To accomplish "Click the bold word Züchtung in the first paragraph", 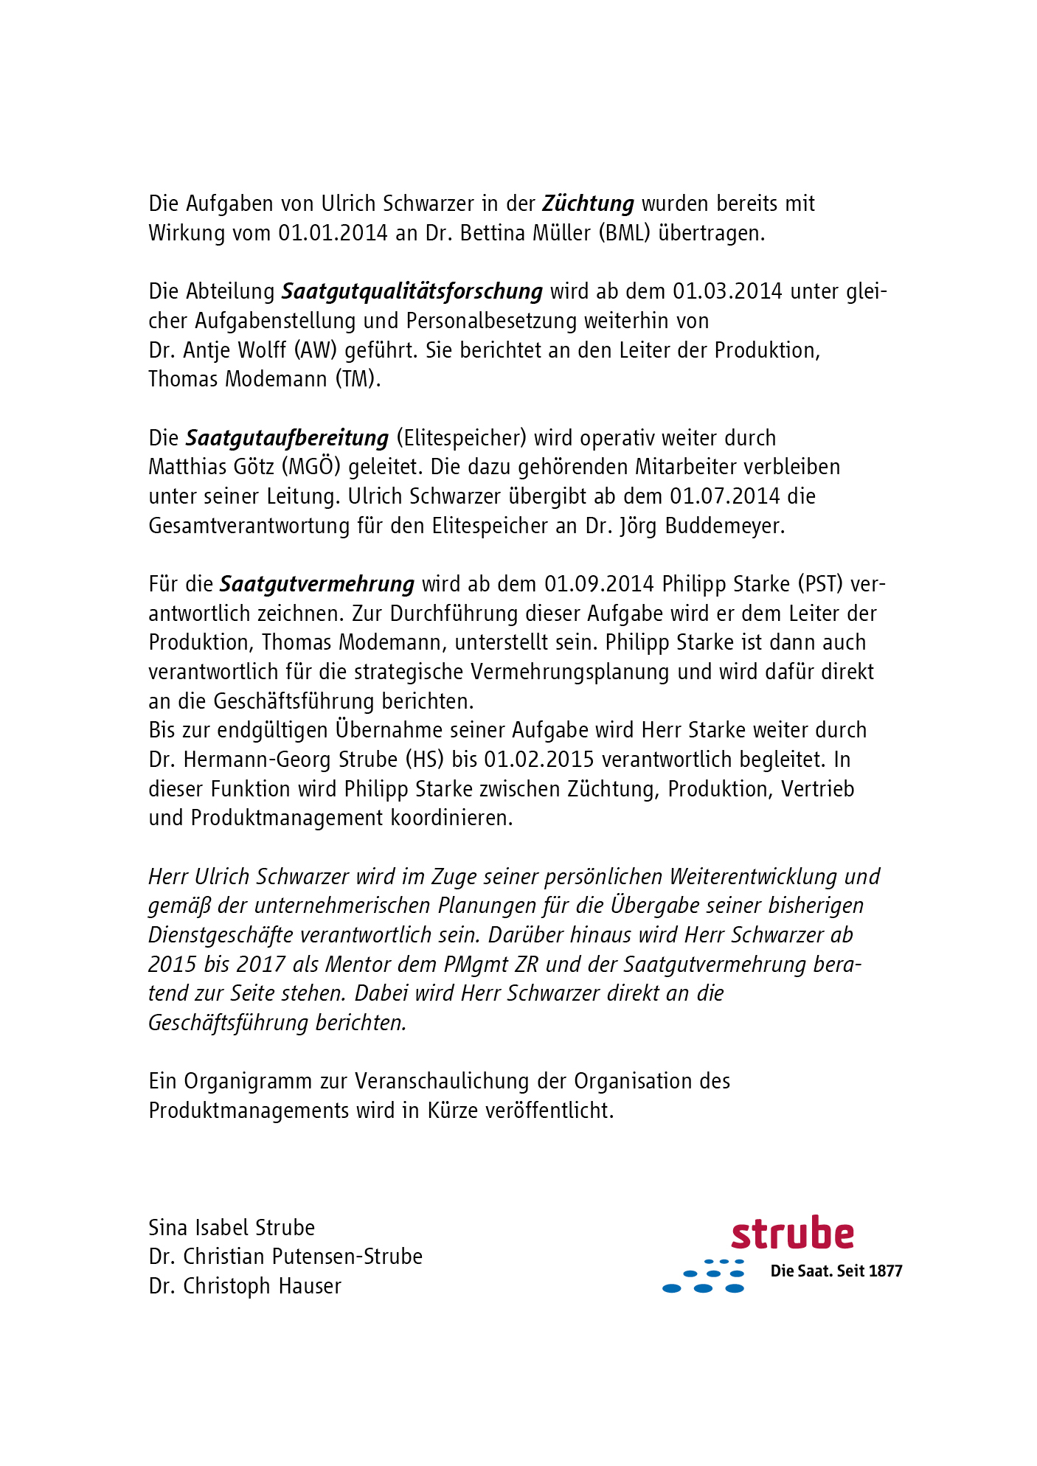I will [x=588, y=204].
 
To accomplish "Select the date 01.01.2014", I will [x=333, y=233].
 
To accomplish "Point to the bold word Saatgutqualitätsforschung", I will [x=412, y=292].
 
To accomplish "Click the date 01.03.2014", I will [x=726, y=291].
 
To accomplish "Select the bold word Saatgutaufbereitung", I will [x=287, y=438].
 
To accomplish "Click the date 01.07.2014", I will [x=724, y=496].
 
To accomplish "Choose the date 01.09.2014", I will [x=599, y=584].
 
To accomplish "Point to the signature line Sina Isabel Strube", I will [x=232, y=1228].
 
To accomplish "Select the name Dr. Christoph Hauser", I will [x=245, y=1286].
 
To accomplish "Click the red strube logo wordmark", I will [x=792, y=1234].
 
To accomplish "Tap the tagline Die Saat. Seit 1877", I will [x=836, y=1271].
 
